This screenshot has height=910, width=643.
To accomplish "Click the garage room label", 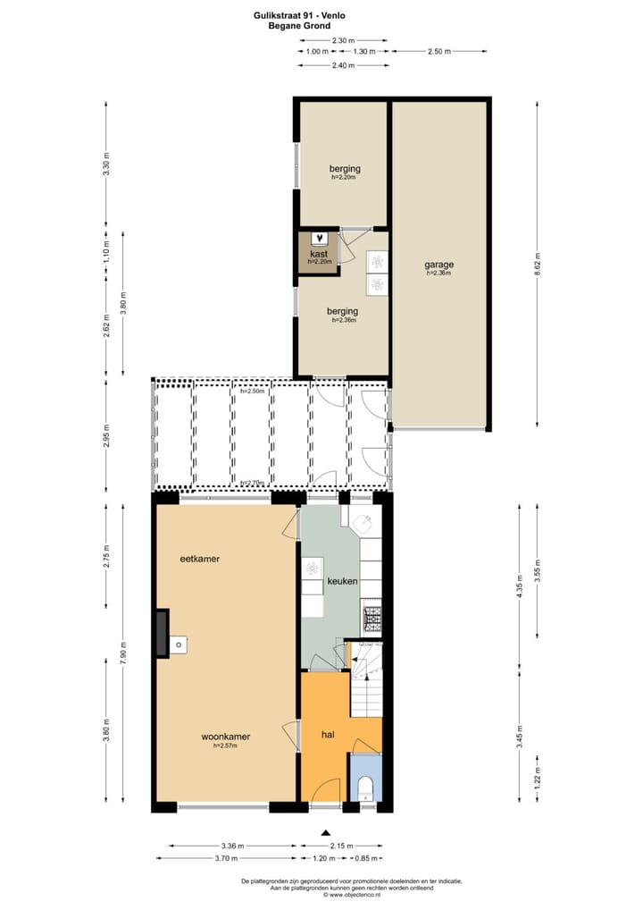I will coord(438,265).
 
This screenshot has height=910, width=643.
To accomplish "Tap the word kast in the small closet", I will coord(319,254).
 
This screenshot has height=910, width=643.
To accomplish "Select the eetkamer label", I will coord(199,559).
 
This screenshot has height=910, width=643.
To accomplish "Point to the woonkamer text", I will coord(225,737).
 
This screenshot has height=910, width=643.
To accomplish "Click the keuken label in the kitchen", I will coord(342,581).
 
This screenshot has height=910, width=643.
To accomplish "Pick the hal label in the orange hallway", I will coord(328,735).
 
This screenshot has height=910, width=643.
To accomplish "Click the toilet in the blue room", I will coord(365,788).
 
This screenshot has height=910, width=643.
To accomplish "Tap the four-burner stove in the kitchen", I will coord(371,615).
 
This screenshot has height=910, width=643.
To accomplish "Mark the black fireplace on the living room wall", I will coord(161,633).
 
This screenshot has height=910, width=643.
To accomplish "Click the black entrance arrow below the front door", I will coord(325,831).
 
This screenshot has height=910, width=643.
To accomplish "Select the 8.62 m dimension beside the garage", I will coord(537,266).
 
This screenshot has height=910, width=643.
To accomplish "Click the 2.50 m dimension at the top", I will coord(439,51).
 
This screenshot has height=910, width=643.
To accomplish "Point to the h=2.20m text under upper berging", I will coord(343,177).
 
